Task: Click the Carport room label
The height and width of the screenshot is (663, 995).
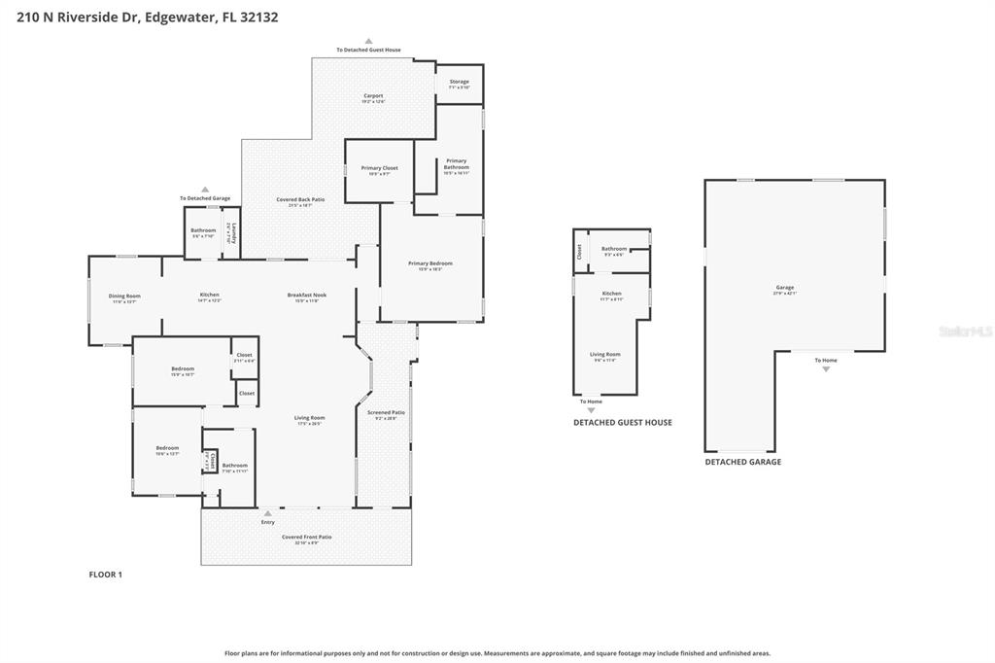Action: [x=373, y=96]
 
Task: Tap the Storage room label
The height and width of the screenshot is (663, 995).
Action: [x=459, y=82]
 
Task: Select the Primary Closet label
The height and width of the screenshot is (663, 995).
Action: [x=379, y=168]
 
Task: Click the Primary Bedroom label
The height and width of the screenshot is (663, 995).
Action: [x=429, y=263]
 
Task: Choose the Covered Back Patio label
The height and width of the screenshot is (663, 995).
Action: [x=306, y=199]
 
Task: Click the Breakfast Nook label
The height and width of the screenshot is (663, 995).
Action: [x=306, y=295]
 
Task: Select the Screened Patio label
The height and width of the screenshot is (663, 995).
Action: [x=386, y=412]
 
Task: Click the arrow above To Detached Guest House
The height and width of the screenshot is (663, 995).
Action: [x=368, y=42]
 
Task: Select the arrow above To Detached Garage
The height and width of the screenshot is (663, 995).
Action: [x=205, y=190]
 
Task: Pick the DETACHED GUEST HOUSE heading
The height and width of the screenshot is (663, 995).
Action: [x=622, y=423]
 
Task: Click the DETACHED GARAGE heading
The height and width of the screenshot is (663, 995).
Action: [x=742, y=463]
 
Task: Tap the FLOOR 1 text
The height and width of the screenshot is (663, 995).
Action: [x=106, y=575]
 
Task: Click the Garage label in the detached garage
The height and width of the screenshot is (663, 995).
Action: [x=784, y=287]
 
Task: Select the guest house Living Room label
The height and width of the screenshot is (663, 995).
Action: [x=604, y=354]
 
